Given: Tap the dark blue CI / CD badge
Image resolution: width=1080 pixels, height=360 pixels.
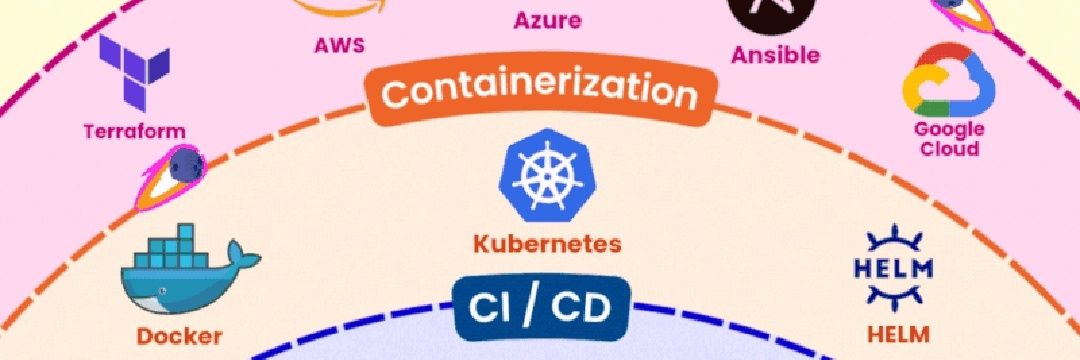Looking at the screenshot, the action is [x=541, y=309].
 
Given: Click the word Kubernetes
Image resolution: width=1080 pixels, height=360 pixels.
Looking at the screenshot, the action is [x=547, y=243].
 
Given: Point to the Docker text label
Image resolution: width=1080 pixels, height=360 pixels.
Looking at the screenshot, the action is [x=180, y=336].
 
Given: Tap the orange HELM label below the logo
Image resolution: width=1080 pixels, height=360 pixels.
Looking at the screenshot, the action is [x=898, y=335].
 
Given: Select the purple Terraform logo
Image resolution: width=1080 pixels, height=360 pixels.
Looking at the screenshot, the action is [x=134, y=72].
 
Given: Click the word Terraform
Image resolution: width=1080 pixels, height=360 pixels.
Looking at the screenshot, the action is [x=134, y=131].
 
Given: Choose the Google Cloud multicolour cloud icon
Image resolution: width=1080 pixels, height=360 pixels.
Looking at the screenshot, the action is [x=949, y=80].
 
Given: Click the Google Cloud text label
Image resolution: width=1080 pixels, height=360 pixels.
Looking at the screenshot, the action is [x=948, y=139].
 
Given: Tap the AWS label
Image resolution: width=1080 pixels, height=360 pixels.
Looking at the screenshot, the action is [x=339, y=46].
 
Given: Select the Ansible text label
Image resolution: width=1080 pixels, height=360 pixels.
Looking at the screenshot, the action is [x=776, y=55].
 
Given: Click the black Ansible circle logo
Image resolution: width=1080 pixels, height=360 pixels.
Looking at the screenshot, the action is [x=771, y=10].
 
